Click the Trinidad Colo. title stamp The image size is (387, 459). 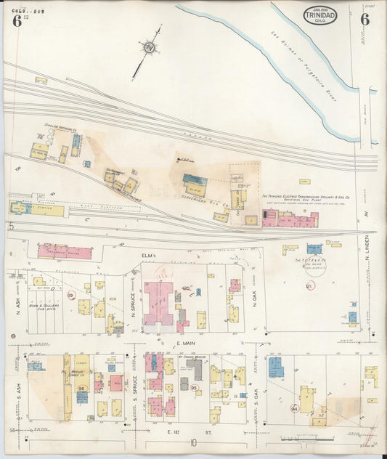319,15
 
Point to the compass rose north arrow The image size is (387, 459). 150,49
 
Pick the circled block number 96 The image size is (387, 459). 82,389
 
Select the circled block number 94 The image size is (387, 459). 294,410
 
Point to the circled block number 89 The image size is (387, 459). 70,295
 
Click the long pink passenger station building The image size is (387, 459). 65,252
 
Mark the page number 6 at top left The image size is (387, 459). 16,20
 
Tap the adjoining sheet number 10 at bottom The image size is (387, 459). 192,442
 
